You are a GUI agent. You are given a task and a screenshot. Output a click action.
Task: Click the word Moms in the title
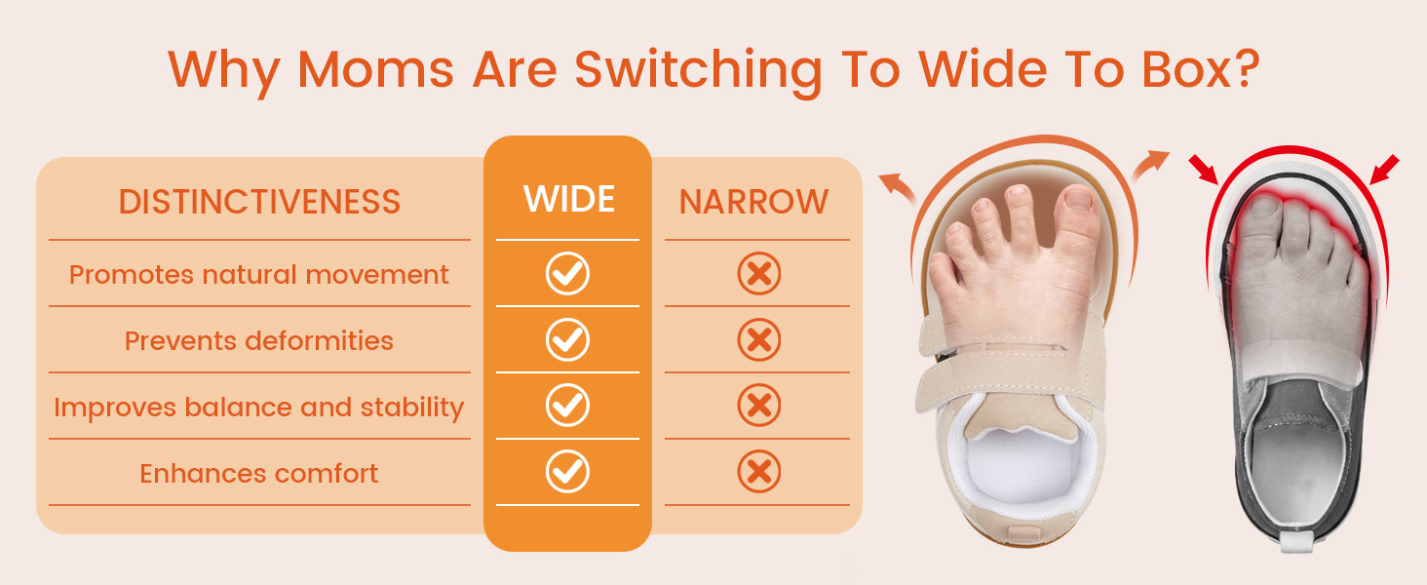[x=376, y=69]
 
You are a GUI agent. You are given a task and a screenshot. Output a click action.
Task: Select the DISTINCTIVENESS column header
[x=259, y=202]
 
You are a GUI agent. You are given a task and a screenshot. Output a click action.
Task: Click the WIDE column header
[x=569, y=199]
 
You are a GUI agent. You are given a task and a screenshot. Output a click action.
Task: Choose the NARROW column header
[x=753, y=202]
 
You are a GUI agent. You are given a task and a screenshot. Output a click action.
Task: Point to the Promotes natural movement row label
[x=258, y=275]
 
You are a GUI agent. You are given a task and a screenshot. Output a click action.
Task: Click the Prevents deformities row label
[x=258, y=341]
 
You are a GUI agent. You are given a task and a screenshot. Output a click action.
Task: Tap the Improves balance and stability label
[x=258, y=408]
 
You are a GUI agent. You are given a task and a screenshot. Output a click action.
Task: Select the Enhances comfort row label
[x=258, y=474]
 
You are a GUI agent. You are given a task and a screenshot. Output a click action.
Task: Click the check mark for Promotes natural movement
[x=567, y=273]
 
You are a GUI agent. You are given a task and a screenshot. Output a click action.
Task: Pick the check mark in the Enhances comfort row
[x=567, y=472]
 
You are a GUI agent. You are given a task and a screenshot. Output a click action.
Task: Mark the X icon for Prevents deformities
[x=758, y=339]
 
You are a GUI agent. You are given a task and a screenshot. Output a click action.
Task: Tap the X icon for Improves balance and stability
[x=758, y=406]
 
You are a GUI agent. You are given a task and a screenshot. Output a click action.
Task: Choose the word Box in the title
[x=1186, y=69]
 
